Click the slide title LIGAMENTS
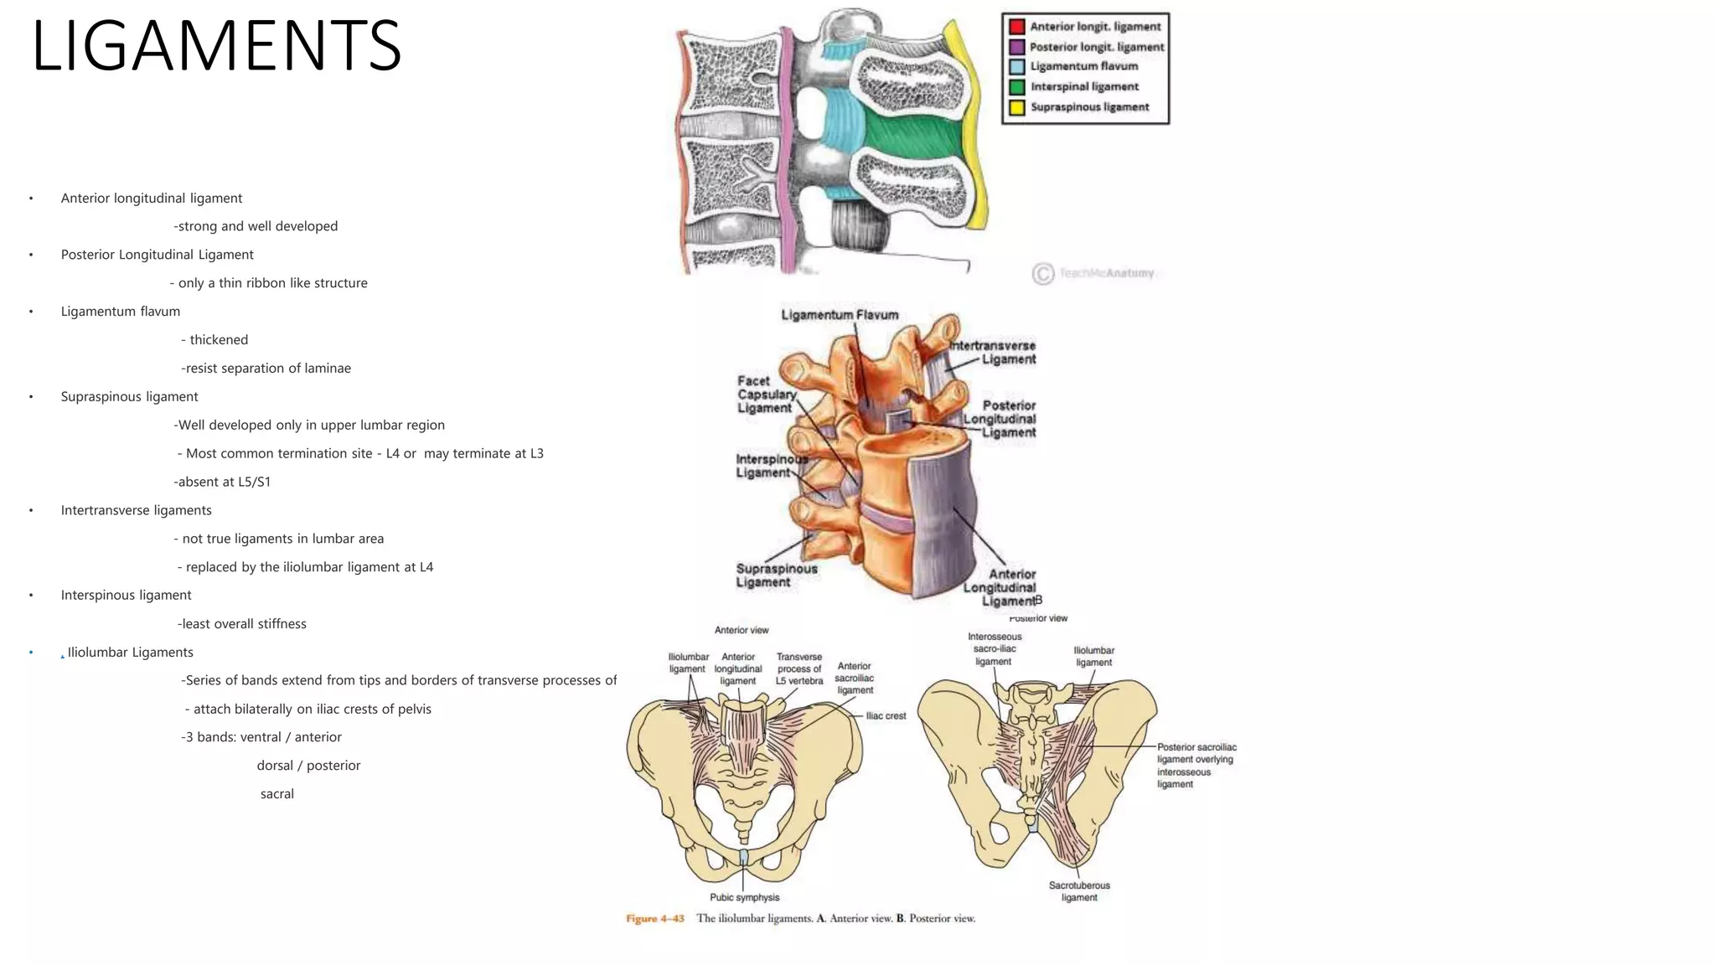tap(216, 46)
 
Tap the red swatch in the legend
tap(1016, 27)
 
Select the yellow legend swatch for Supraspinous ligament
tap(1016, 107)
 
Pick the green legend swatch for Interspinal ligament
tap(1016, 87)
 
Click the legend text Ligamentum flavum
tap(1083, 66)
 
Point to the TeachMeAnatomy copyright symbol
tap(1042, 273)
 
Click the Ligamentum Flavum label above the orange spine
tap(840, 315)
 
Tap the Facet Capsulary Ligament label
tap(766, 395)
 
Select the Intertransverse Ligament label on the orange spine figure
tap(995, 353)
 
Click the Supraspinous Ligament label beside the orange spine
tap(776, 575)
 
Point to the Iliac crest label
tap(886, 716)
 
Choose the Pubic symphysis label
tap(744, 897)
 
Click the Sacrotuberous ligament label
tap(1079, 891)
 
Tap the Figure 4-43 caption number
tap(655, 919)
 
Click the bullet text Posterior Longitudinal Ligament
tap(157, 255)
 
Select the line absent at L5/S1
tap(223, 482)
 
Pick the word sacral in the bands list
tap(277, 794)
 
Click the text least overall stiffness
tap(242, 624)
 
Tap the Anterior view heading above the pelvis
tap(742, 630)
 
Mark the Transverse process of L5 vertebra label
tap(799, 668)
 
